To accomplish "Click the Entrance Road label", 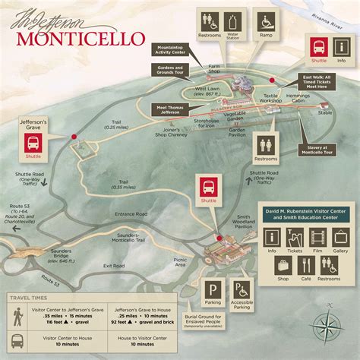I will [131, 215].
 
